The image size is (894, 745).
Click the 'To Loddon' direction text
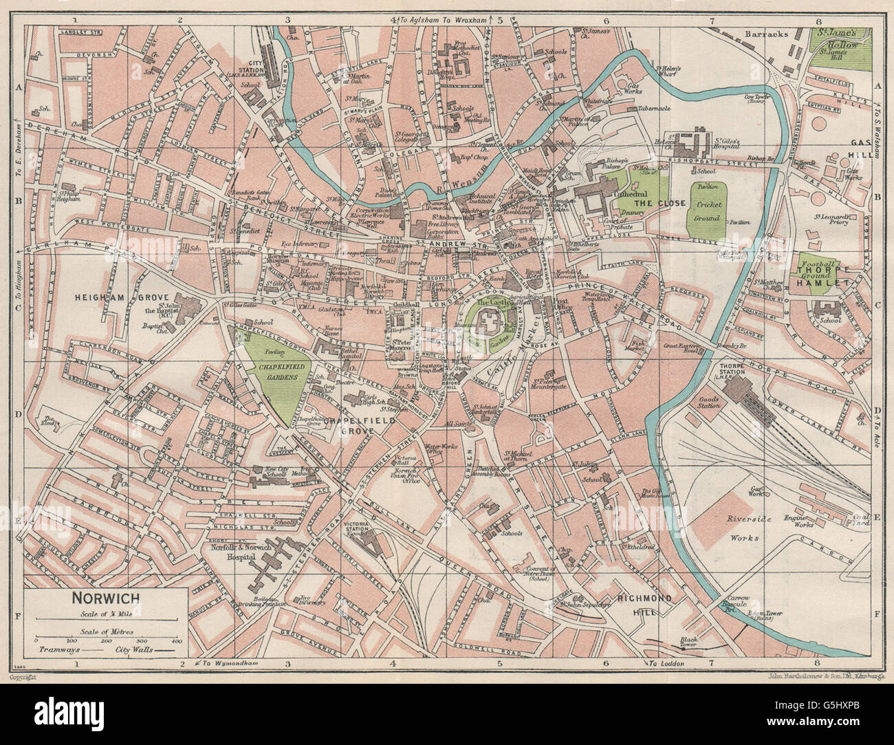[667, 664]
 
